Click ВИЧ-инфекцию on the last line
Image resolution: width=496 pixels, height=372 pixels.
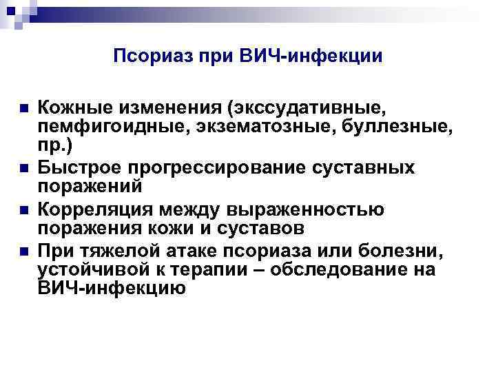tap(112, 289)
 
